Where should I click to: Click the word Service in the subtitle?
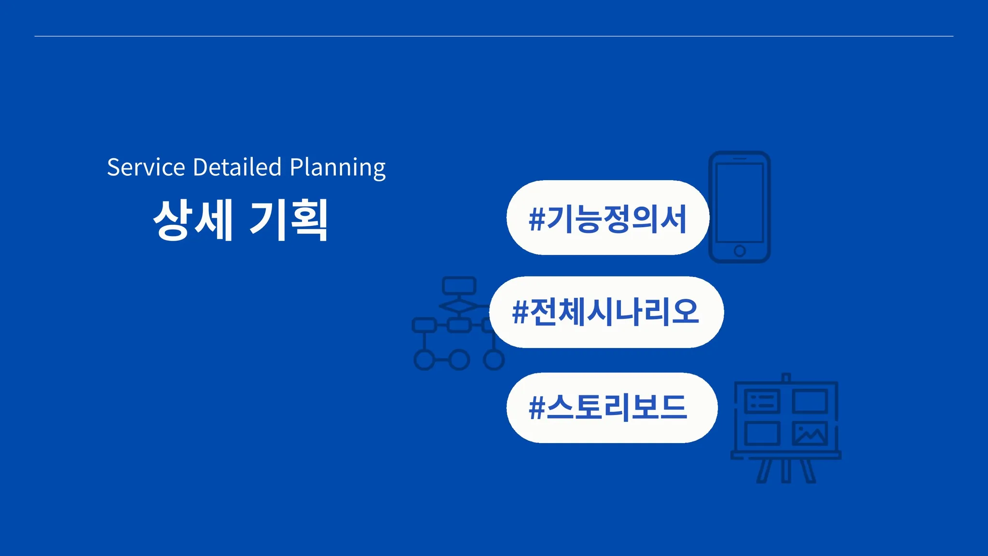coord(146,167)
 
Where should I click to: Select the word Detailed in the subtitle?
coord(237,167)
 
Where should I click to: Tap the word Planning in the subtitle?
coord(338,168)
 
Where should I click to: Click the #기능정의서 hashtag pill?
coord(608,218)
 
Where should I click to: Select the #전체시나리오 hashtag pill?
coord(606,312)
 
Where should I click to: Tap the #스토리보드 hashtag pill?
coord(612,408)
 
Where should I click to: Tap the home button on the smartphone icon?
coord(740,251)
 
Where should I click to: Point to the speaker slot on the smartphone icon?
coord(740,158)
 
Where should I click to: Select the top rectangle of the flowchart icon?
coord(459,286)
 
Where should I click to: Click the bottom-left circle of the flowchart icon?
coord(425,360)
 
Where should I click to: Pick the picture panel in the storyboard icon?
coord(810,433)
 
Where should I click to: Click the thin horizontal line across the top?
coord(494,36)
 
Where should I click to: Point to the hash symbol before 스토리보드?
coord(536,408)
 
